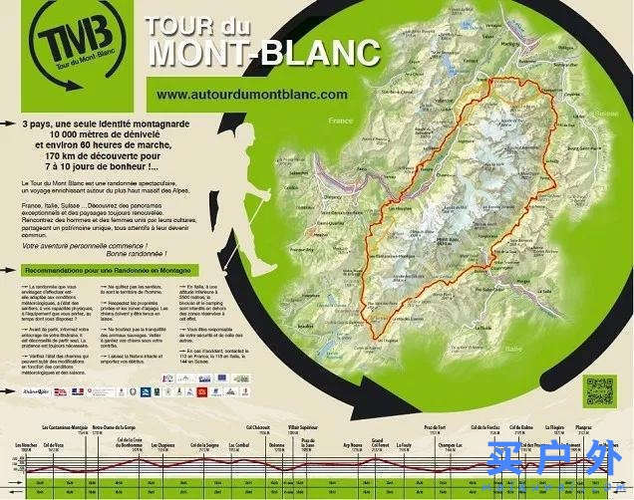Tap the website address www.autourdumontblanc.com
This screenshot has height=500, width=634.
(x=252, y=94)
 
